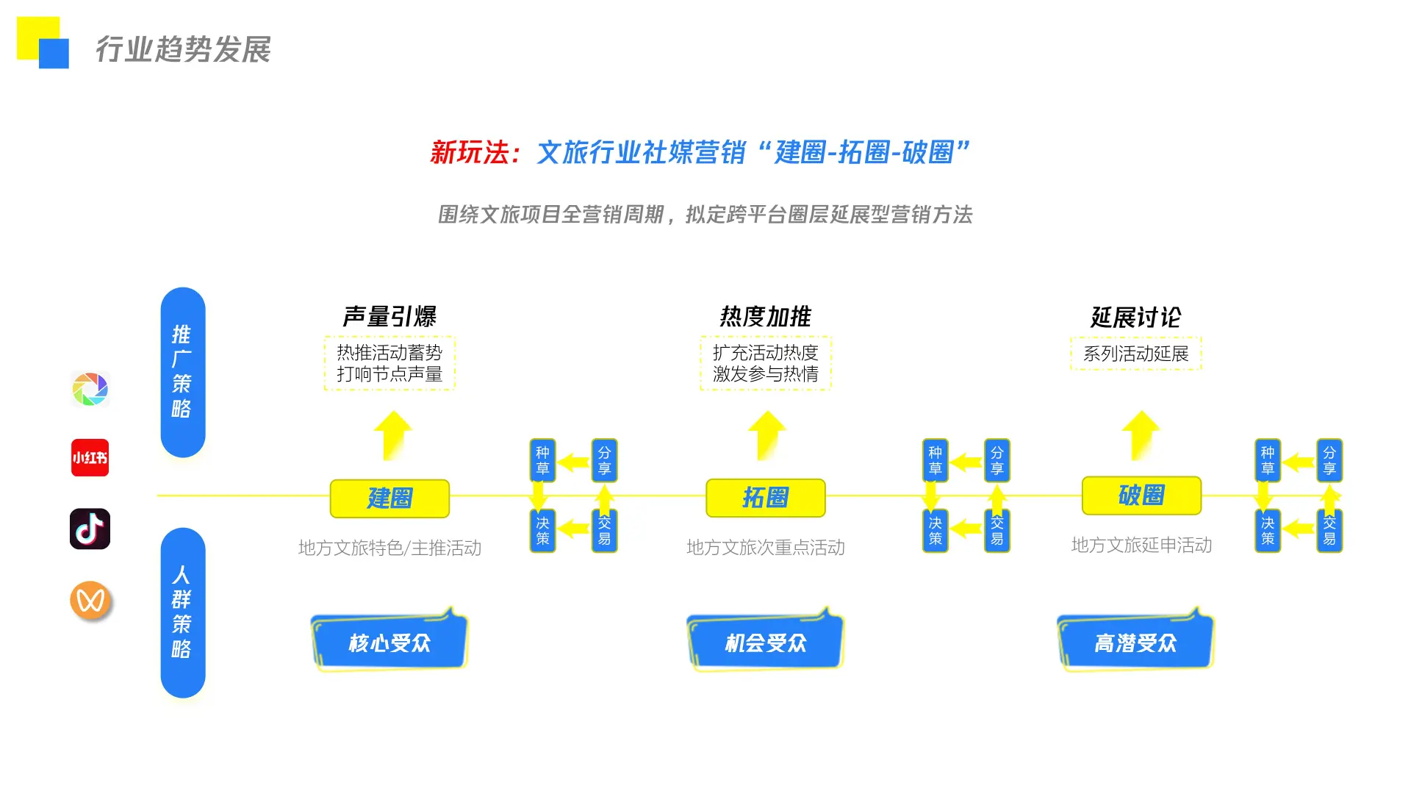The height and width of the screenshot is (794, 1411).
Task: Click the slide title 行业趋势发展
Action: pyautogui.click(x=183, y=49)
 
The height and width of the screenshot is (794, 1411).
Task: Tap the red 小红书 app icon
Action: pyautogui.click(x=90, y=457)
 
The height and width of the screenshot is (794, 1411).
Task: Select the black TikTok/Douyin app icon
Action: pyautogui.click(x=90, y=529)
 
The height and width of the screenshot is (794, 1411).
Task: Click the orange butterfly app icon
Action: pyautogui.click(x=90, y=600)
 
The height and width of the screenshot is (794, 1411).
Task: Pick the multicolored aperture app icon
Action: pyautogui.click(x=90, y=389)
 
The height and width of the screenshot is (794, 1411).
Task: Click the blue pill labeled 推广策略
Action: pyautogui.click(x=182, y=371)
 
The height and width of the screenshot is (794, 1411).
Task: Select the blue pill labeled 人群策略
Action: pyautogui.click(x=182, y=612)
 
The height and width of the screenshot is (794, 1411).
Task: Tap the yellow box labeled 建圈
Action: pyautogui.click(x=389, y=498)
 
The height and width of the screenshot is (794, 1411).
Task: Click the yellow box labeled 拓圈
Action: pyautogui.click(x=765, y=498)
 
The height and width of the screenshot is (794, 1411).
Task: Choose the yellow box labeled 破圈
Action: pyautogui.click(x=1141, y=496)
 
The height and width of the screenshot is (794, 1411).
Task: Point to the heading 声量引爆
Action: pyautogui.click(x=389, y=317)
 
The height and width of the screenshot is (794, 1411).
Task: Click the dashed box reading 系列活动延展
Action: pyautogui.click(x=1135, y=354)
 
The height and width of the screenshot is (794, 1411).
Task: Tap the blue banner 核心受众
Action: pyautogui.click(x=389, y=642)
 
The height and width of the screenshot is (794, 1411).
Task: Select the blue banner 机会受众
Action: pyautogui.click(x=765, y=642)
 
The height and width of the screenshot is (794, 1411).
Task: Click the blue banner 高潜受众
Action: pyautogui.click(x=1135, y=642)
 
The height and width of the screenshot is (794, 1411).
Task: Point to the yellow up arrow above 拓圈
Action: pyautogui.click(x=766, y=434)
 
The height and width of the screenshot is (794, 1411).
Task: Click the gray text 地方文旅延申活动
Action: pyautogui.click(x=1141, y=546)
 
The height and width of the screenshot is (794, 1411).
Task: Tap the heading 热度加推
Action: pyautogui.click(x=765, y=317)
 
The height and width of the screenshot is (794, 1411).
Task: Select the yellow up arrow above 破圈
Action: pyautogui.click(x=1141, y=434)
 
